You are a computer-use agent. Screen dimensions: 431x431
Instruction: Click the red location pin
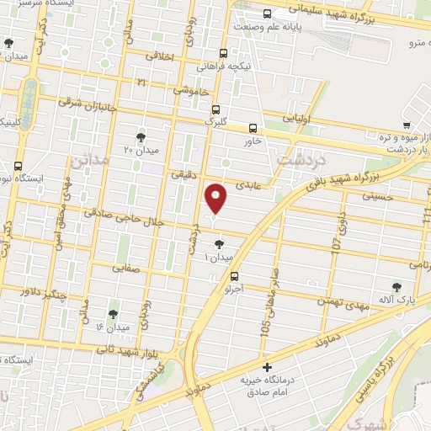click(x=217, y=198)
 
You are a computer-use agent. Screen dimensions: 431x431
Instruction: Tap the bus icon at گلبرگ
click(x=216, y=109)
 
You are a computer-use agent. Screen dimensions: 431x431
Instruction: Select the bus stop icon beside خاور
click(x=253, y=129)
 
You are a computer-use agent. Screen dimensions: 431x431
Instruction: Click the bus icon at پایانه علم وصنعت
click(x=267, y=13)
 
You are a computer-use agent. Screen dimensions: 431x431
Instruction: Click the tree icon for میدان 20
click(x=141, y=136)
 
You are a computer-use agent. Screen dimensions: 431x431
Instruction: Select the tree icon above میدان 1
click(x=220, y=244)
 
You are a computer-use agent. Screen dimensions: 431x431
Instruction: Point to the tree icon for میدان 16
click(x=113, y=314)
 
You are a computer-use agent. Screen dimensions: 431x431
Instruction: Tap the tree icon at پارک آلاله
click(x=396, y=288)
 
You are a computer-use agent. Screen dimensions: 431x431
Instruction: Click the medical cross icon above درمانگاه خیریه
click(x=267, y=367)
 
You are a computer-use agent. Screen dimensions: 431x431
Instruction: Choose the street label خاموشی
click(x=191, y=89)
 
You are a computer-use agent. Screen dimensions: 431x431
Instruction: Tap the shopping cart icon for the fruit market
click(x=407, y=125)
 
